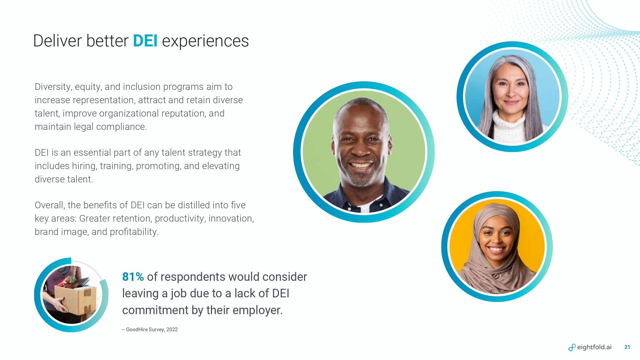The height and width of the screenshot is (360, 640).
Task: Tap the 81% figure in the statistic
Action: pos(133,277)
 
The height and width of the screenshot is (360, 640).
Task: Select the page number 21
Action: pos(627,347)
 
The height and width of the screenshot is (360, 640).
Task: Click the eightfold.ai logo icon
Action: pos(572,347)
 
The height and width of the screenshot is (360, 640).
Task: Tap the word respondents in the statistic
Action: pos(193,277)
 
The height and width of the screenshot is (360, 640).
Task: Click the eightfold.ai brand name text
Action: pos(594,347)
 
